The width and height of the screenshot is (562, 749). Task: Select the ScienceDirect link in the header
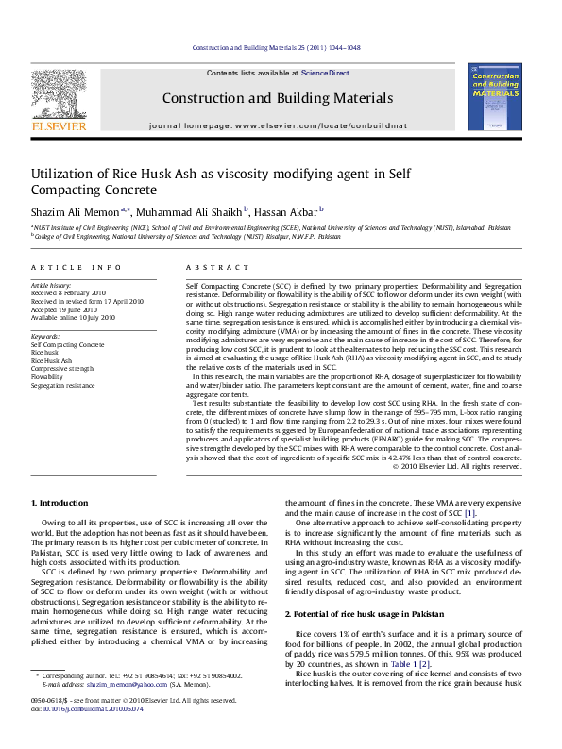[x=325, y=73]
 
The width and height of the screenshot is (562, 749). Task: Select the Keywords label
[x=47, y=336]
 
